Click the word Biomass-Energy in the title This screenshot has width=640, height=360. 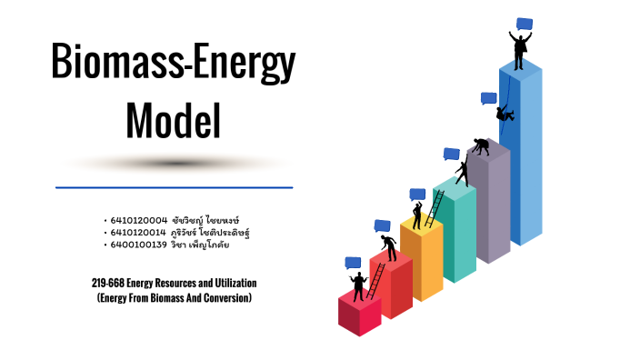click(174, 65)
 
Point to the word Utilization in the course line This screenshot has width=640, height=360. click(238, 283)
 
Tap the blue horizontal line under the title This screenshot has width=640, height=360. click(174, 187)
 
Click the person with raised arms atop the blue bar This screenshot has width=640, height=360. click(520, 50)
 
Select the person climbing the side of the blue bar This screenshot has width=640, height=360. click(505, 113)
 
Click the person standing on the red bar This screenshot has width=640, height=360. click(358, 285)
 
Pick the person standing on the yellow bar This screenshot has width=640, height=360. click(416, 216)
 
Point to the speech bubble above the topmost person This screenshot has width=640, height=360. click(525, 24)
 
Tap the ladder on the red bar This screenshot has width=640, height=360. click(374, 280)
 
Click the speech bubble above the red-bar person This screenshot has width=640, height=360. click(353, 263)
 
